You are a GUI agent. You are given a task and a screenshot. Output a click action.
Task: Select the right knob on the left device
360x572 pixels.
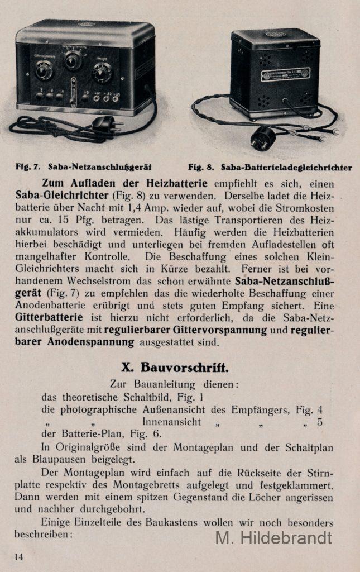pos(102,72)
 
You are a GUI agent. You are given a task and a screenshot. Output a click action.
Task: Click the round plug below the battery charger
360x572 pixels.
pos(263,137)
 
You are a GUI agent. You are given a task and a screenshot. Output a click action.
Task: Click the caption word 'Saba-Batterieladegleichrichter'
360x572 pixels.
pos(286,167)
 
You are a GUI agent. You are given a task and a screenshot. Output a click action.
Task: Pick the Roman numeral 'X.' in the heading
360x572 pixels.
pos(127,368)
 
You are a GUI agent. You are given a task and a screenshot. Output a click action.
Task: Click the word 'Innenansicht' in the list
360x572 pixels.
pos(171,422)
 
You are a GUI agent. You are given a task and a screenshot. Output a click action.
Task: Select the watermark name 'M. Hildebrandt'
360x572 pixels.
pos(273,538)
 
